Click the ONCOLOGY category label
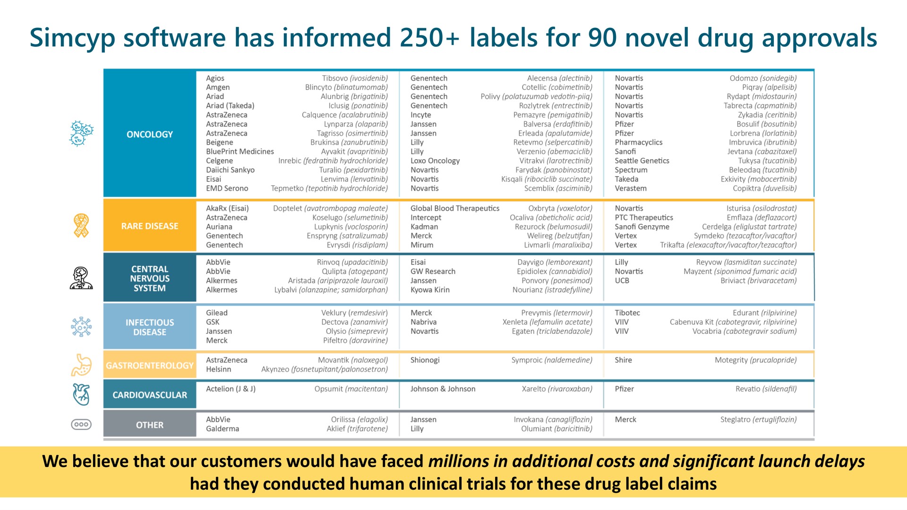click(x=150, y=134)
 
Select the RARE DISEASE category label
click(x=150, y=226)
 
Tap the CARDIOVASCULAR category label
click(x=150, y=395)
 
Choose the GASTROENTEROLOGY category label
click(x=150, y=365)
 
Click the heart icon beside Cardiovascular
click(x=81, y=394)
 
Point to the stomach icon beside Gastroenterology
click(x=81, y=365)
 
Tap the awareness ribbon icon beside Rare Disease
click(x=81, y=226)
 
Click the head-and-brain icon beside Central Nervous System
click(x=81, y=278)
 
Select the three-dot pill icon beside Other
click(x=81, y=425)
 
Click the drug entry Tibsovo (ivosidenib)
click(x=355, y=78)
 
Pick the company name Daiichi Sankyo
click(x=230, y=170)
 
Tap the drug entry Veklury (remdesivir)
click(x=354, y=313)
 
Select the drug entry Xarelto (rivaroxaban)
click(x=557, y=389)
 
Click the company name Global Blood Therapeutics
click(x=455, y=208)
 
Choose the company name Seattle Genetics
click(x=642, y=161)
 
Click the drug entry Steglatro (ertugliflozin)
click(x=758, y=420)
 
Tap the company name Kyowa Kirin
click(x=430, y=290)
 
